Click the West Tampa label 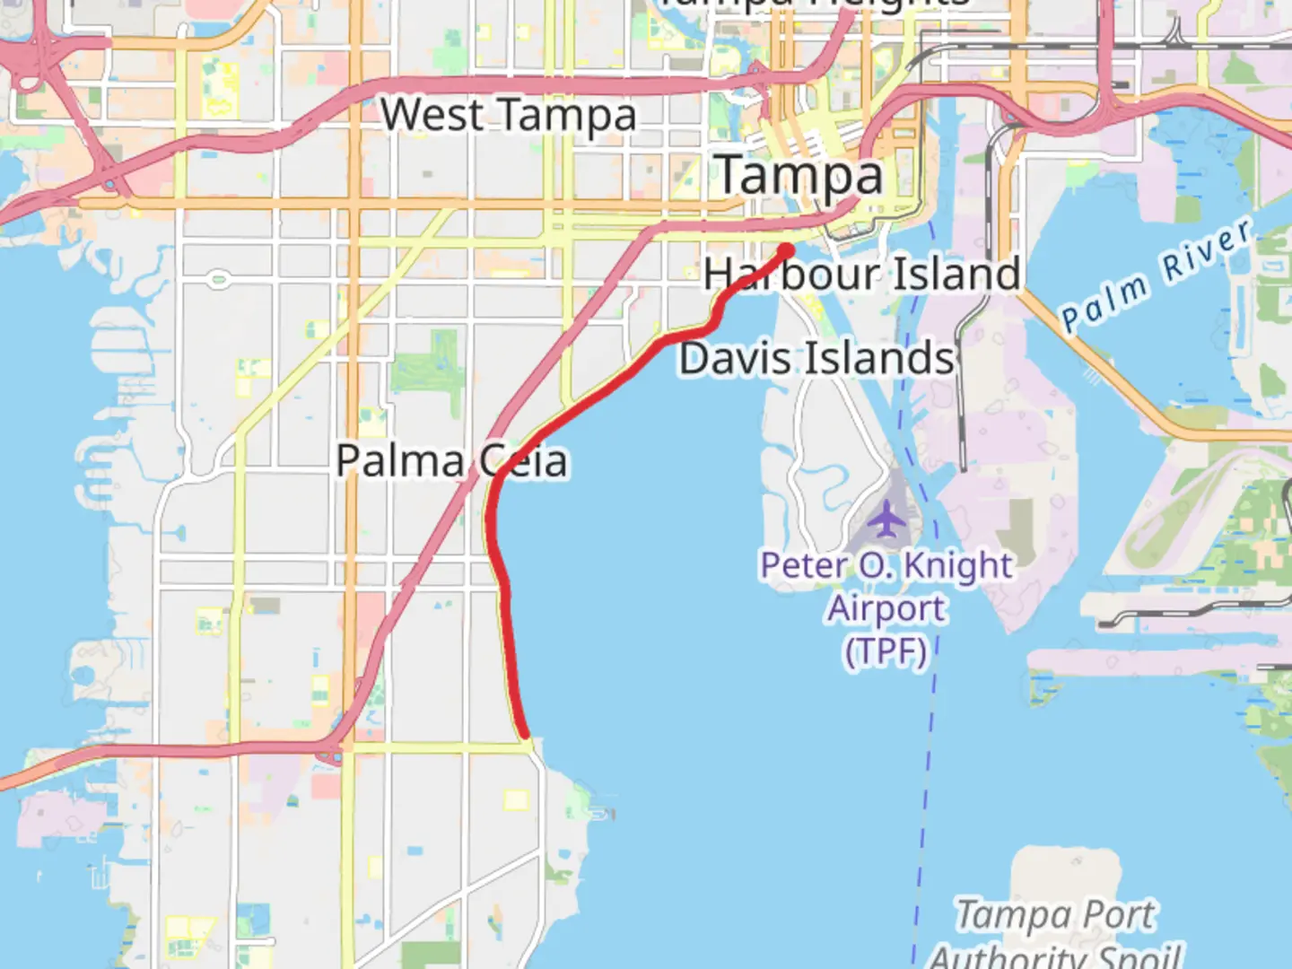click(x=508, y=116)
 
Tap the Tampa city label click(x=800, y=176)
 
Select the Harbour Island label click(x=862, y=274)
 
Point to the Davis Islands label click(x=816, y=359)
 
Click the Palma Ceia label click(x=451, y=461)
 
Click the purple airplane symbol click(x=886, y=518)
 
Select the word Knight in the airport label click(x=957, y=566)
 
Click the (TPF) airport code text click(x=886, y=650)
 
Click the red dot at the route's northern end click(x=786, y=250)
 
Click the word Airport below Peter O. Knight click(x=886, y=608)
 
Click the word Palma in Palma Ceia click(x=399, y=461)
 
